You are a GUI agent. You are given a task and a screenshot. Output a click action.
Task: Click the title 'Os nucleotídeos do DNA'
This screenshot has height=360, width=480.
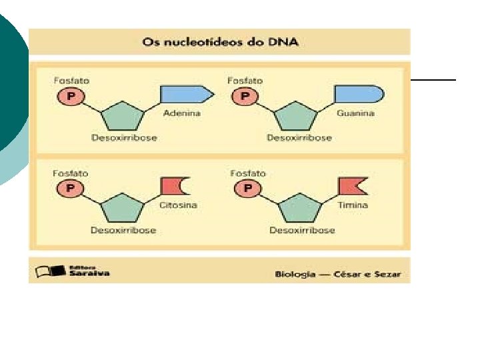220,42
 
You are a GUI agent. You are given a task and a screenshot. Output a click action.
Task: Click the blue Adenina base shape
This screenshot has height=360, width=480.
186,95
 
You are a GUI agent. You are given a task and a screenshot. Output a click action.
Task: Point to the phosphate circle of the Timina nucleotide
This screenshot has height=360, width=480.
247,189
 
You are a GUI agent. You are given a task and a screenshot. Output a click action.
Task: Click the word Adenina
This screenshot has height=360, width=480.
181,113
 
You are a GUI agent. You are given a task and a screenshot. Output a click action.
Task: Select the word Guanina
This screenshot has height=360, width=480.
355,113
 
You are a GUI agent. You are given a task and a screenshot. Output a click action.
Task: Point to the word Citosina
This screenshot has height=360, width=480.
179,205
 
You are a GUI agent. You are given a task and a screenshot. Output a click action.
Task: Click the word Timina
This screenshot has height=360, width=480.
353,205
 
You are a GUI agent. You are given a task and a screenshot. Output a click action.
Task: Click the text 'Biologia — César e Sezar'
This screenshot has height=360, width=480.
338,275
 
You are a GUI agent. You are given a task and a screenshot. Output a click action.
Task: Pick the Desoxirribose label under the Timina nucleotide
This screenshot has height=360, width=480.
302,231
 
